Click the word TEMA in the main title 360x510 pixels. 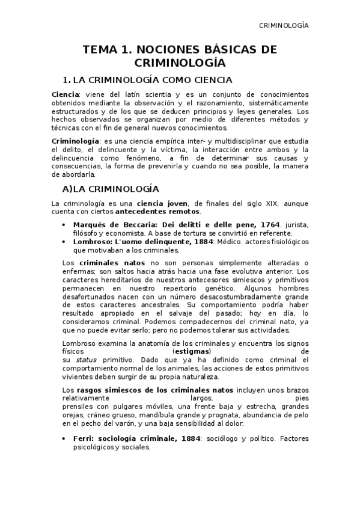100,50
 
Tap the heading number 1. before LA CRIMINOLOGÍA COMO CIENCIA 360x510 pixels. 67,80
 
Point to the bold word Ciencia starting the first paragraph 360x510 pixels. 65,95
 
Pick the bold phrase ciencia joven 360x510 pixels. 159,204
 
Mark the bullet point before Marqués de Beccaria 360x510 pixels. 64,225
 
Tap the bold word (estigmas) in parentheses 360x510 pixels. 191,351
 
